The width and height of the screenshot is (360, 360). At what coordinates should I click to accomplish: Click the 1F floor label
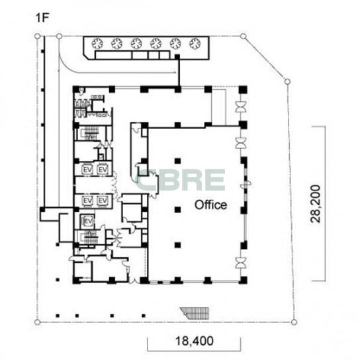point(43,18)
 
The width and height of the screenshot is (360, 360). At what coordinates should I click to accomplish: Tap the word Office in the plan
point(210,204)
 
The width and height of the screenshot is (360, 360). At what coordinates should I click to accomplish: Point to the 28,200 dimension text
point(315,204)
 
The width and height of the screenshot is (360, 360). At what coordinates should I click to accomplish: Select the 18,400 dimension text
point(195,341)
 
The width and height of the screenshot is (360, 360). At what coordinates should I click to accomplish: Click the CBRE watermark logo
point(181,180)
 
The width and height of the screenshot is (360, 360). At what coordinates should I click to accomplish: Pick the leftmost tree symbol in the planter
point(97,44)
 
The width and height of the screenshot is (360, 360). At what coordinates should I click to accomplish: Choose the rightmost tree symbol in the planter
point(195,44)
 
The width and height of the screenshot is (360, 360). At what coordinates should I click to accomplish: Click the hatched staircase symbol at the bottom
point(196,313)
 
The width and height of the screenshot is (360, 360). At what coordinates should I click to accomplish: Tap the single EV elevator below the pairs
point(87,222)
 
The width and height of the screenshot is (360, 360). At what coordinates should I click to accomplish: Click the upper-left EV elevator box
point(87,169)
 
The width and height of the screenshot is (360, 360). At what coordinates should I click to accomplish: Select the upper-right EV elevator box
point(103,169)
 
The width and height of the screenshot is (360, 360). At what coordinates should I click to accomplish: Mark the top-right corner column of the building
point(243,89)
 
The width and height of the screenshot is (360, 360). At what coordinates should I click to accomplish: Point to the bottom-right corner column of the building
point(243,280)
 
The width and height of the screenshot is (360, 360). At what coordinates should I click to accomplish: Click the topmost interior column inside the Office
point(177,161)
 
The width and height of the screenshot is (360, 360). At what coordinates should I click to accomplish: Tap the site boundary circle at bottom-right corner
point(294,322)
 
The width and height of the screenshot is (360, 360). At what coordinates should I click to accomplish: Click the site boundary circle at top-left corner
point(37,36)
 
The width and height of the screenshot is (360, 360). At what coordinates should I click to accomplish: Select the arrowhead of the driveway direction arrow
point(175,73)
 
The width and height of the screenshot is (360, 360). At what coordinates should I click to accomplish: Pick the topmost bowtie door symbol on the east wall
point(241,107)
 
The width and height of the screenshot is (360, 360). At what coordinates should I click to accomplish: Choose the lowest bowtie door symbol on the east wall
point(241,263)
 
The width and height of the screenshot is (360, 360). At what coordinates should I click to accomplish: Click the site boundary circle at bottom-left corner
point(37,322)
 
